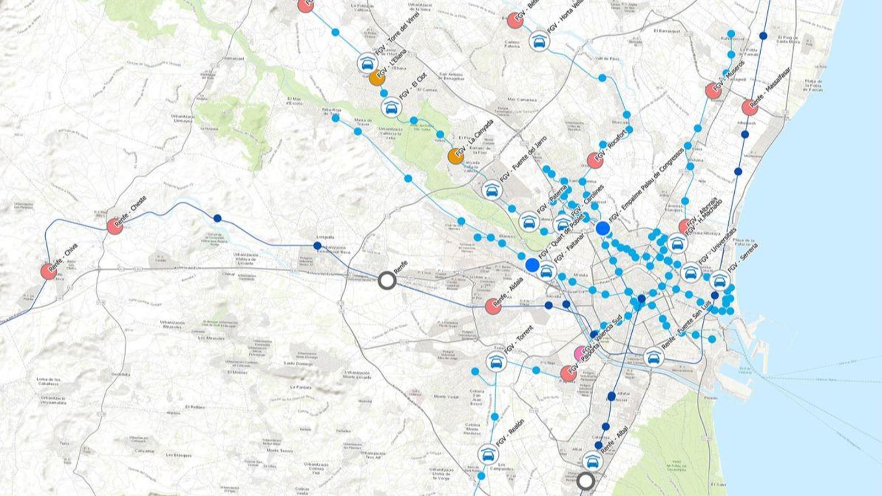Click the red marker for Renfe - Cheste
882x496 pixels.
pyautogui.click(x=115, y=226)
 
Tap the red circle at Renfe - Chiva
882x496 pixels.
pyautogui.click(x=49, y=271)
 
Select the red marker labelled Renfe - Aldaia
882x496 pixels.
pyautogui.click(x=493, y=306)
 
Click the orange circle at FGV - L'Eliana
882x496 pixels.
pyautogui.click(x=377, y=78)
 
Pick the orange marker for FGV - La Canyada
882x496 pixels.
pyautogui.click(x=455, y=157)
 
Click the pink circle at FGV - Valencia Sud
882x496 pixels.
pyautogui.click(x=580, y=352)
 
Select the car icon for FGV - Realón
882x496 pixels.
pyautogui.click(x=487, y=454)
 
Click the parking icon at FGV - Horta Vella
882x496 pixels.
pyautogui.click(x=539, y=41)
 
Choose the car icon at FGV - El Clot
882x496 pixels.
pyautogui.click(x=391, y=107)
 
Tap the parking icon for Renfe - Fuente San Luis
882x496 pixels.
pyautogui.click(x=653, y=358)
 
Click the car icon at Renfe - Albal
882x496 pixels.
pyautogui.click(x=591, y=461)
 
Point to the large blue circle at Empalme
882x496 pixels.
pyautogui.click(x=603, y=228)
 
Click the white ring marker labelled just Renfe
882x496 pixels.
pyautogui.click(x=387, y=281)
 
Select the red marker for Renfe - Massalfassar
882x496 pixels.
pyautogui.click(x=749, y=107)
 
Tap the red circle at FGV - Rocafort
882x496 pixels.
pyautogui.click(x=595, y=160)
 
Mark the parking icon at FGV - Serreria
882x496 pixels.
pyautogui.click(x=718, y=281)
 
